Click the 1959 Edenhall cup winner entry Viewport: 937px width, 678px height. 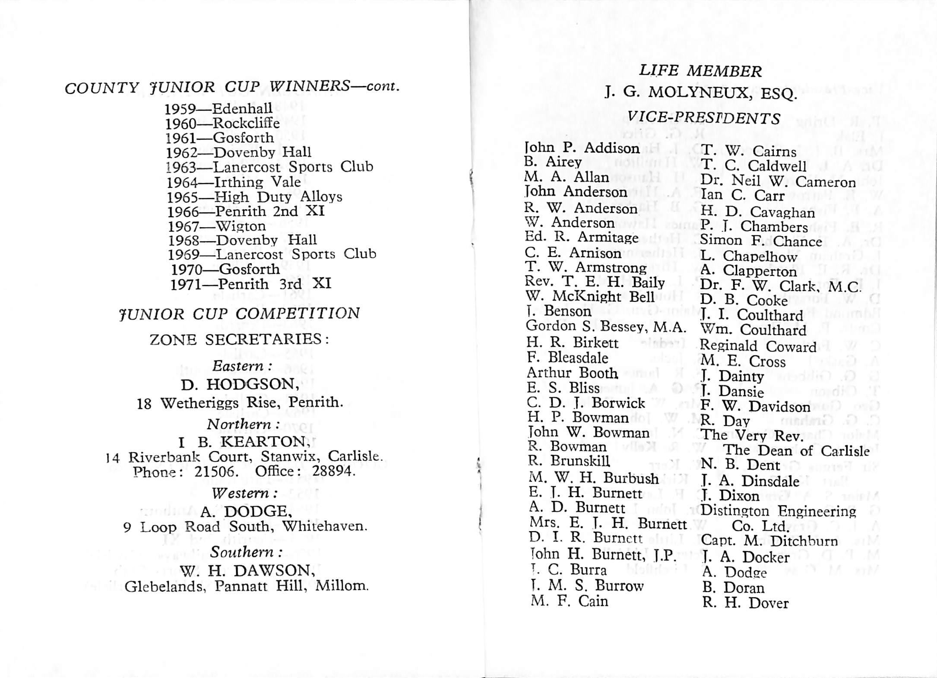[x=218, y=108]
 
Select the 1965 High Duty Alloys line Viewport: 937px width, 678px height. [x=255, y=197]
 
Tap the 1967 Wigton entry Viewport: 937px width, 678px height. [x=217, y=226]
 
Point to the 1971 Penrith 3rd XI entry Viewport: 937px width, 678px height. [x=250, y=284]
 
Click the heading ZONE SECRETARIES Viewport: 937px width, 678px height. [x=239, y=339]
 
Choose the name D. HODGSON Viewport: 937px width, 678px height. [x=240, y=384]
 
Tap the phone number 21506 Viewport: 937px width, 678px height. [x=216, y=471]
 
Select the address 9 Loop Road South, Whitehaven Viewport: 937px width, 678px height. [x=245, y=527]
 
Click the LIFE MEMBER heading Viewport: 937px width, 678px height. [x=700, y=71]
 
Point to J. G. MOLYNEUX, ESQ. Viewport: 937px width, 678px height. [x=700, y=93]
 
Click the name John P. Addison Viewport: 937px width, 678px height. [x=582, y=148]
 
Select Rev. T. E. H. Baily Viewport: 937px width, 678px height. [x=595, y=282]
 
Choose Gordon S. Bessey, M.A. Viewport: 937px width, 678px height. [x=606, y=327]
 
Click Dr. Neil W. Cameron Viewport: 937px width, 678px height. [x=778, y=181]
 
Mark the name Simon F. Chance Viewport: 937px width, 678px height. [x=761, y=241]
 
